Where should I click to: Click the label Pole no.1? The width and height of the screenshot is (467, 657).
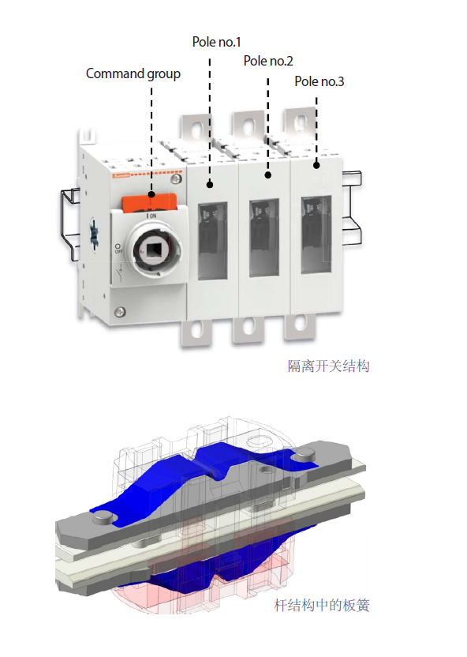tap(216, 42)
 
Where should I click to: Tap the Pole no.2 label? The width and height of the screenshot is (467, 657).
tap(268, 61)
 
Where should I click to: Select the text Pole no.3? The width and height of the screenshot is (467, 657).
tap(319, 81)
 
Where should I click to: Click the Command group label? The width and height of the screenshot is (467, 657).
tap(133, 73)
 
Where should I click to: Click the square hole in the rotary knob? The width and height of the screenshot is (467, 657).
tap(152, 250)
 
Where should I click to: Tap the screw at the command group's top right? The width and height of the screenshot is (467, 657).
tap(176, 179)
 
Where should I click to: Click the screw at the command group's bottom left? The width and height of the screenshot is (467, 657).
tap(120, 311)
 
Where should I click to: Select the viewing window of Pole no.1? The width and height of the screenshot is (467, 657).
tap(212, 241)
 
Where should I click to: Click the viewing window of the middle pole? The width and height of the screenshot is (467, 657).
tap(264, 238)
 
